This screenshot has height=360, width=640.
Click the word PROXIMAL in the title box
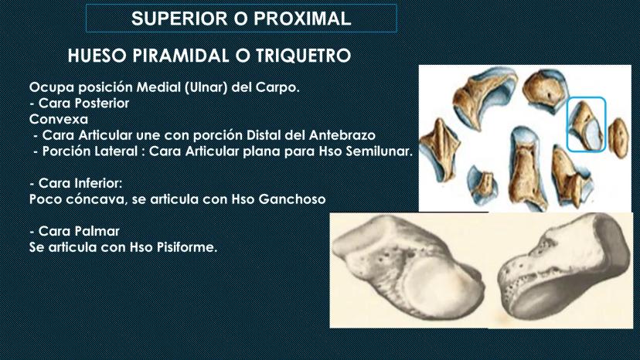pos(302,19)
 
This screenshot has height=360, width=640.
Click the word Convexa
pos(59,119)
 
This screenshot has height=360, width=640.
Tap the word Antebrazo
pos(342,135)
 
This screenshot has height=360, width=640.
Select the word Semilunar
pos(380,151)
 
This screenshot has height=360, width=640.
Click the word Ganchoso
pos(292,199)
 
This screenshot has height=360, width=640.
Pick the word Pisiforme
pos(187,247)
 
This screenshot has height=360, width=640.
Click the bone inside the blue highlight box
pos(587,125)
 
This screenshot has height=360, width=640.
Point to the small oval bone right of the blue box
pos(619,138)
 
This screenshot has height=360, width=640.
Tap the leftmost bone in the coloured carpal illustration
pos(438,149)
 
